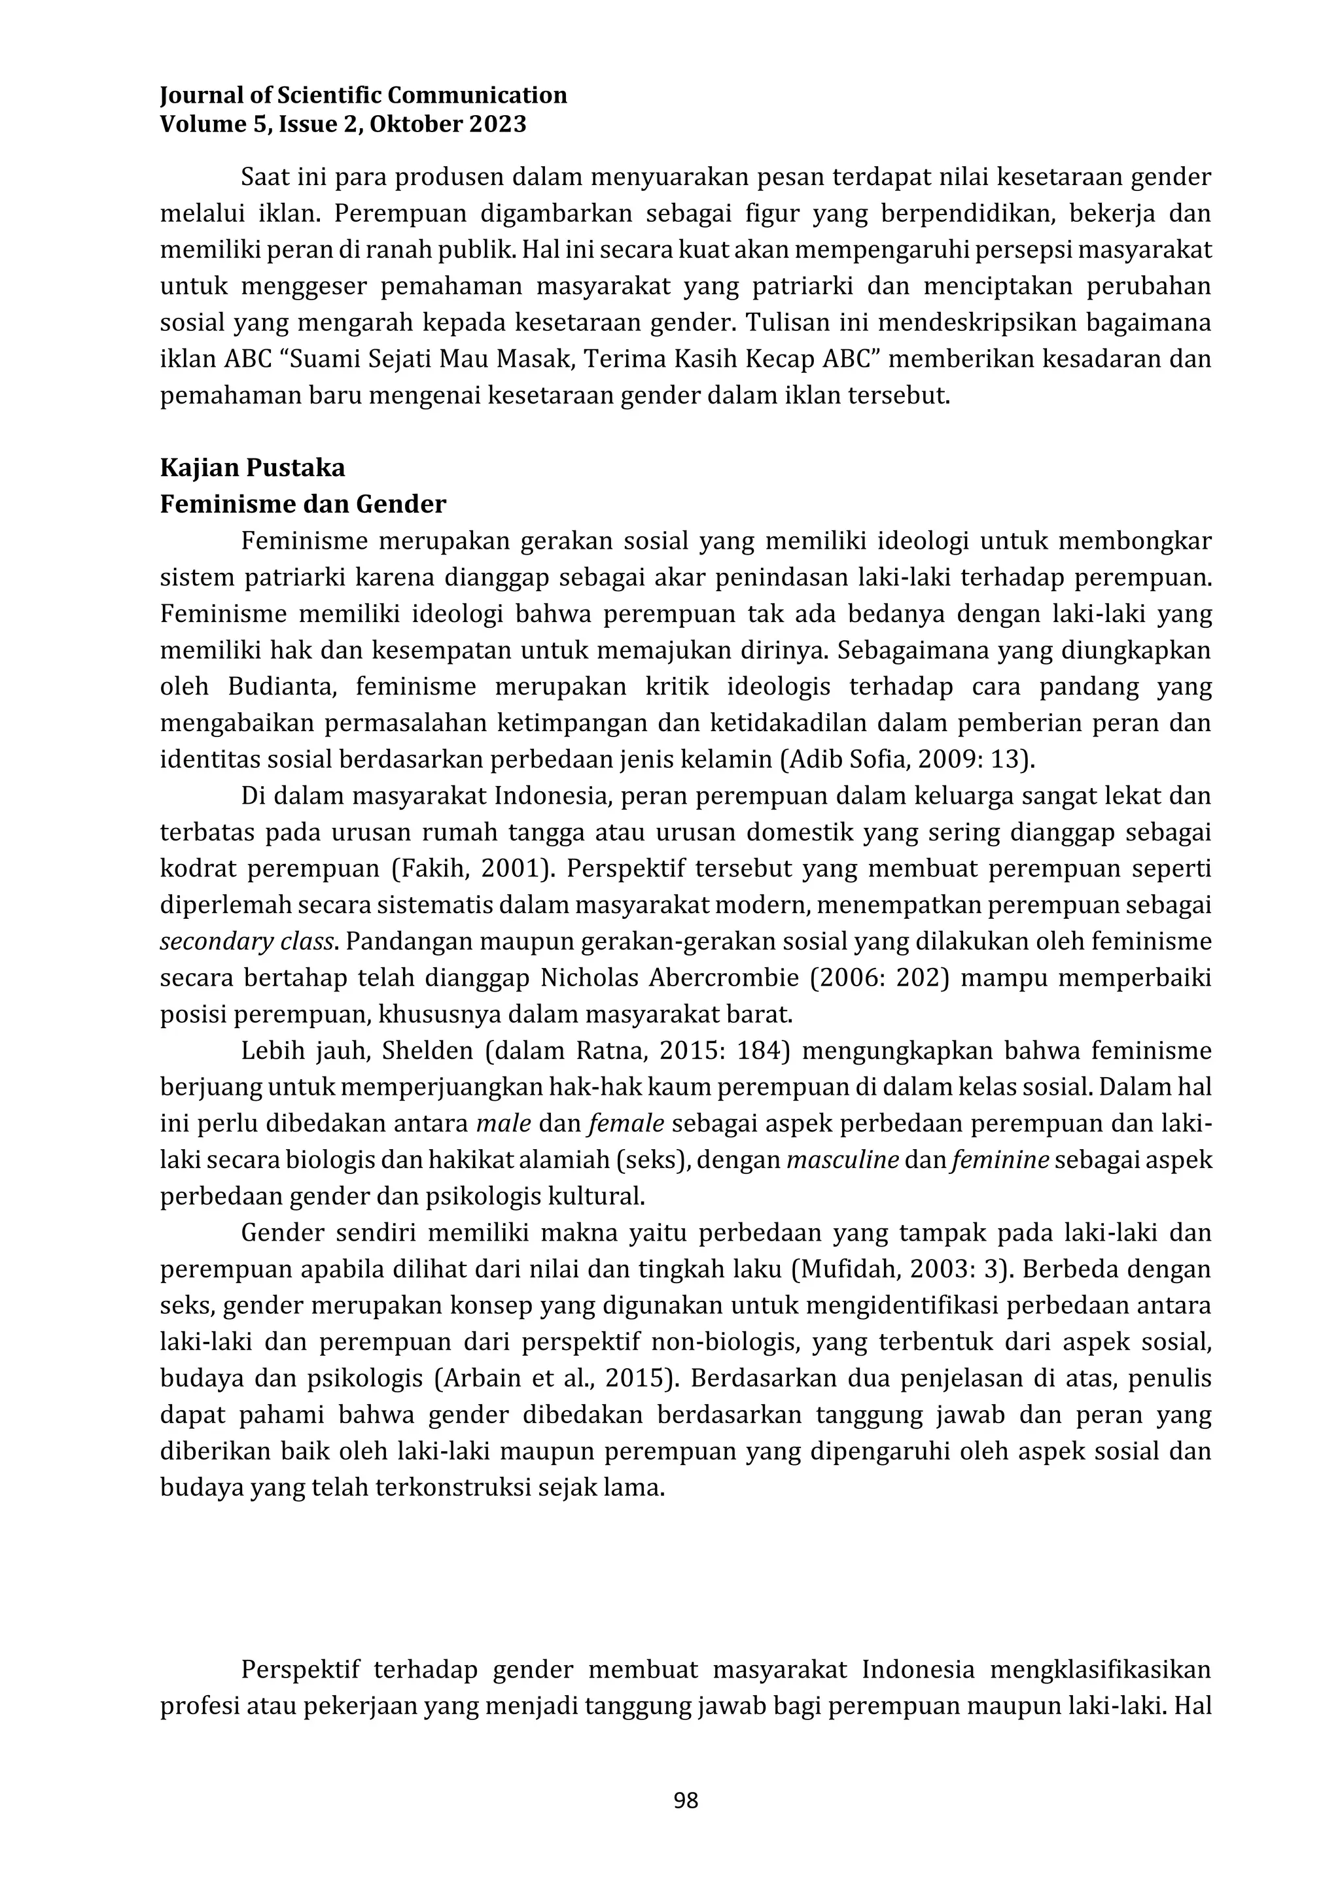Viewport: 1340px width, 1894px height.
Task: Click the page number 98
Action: pyautogui.click(x=686, y=1800)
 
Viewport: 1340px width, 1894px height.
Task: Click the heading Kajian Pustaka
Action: pyautogui.click(x=253, y=468)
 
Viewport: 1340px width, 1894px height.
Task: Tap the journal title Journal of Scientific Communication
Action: pyautogui.click(x=363, y=95)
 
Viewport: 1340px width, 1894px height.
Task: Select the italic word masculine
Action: pyautogui.click(x=843, y=1160)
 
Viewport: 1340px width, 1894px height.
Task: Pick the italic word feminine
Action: pyautogui.click(x=999, y=1160)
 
